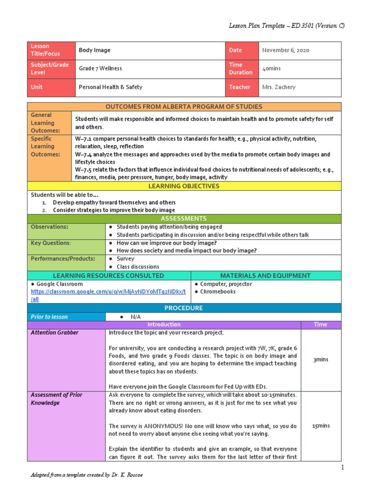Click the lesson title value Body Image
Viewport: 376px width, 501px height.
94,50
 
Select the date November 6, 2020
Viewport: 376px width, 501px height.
285,50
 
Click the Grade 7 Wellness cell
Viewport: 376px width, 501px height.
100,68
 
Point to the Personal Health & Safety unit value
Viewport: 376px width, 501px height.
111,87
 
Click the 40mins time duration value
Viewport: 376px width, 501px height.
271,68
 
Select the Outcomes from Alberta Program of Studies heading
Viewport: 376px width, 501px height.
184,107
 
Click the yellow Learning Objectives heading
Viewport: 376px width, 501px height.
184,186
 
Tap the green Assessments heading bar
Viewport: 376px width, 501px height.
184,219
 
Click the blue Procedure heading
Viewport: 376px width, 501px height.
184,308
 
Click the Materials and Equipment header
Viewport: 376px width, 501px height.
265,275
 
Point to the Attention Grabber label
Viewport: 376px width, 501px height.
54,333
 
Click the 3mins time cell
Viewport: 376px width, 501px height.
321,360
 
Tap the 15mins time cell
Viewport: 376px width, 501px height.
321,426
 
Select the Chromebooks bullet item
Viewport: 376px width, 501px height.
218,292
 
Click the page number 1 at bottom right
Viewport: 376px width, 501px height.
343,468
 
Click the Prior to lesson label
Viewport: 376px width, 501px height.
49,317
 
